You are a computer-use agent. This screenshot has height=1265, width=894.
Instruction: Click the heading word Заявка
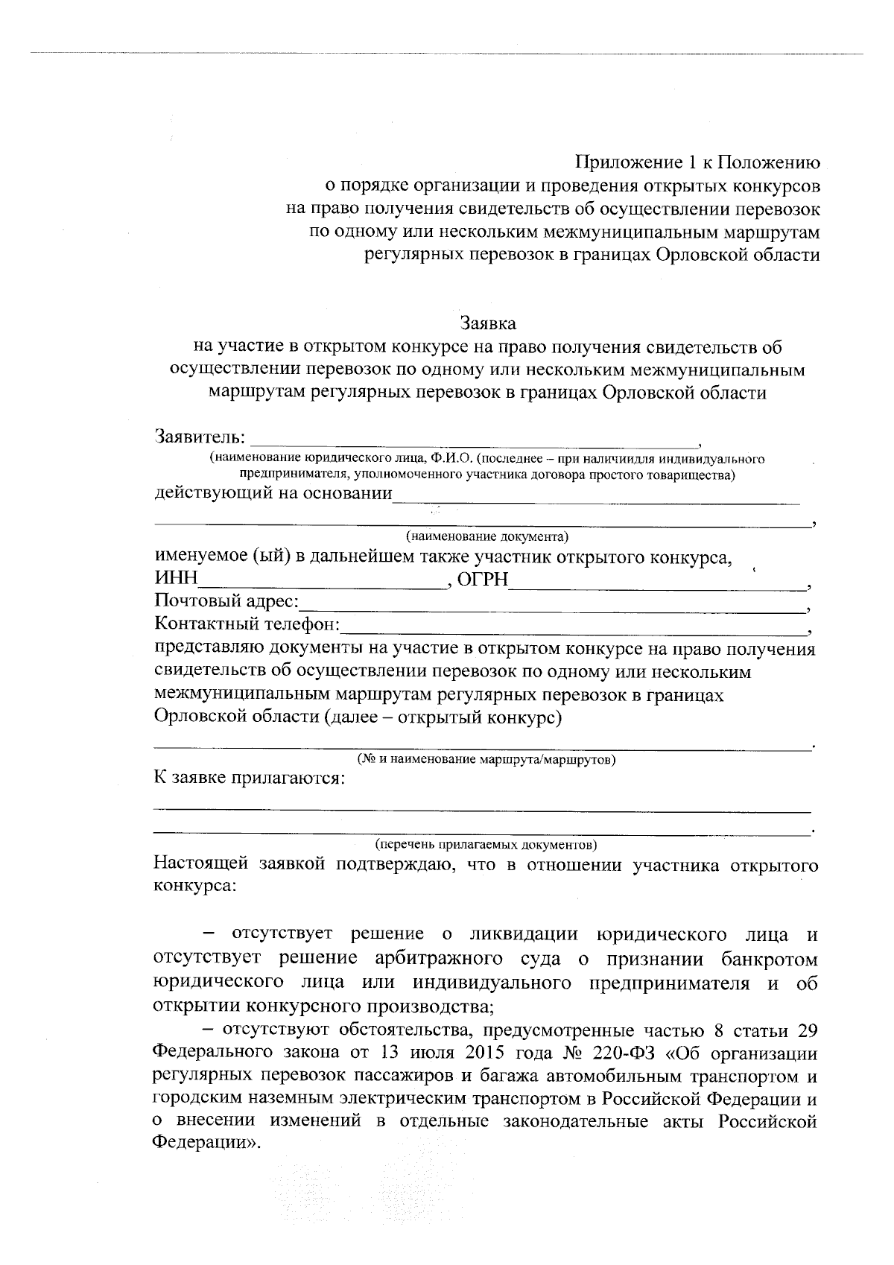[x=488, y=323]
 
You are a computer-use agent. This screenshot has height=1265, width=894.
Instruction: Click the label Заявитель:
[x=199, y=437]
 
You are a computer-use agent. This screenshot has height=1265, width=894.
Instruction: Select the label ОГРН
[x=482, y=580]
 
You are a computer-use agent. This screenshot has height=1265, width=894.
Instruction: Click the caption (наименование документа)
[x=486, y=536]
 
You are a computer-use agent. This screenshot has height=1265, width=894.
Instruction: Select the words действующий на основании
[x=273, y=495]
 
